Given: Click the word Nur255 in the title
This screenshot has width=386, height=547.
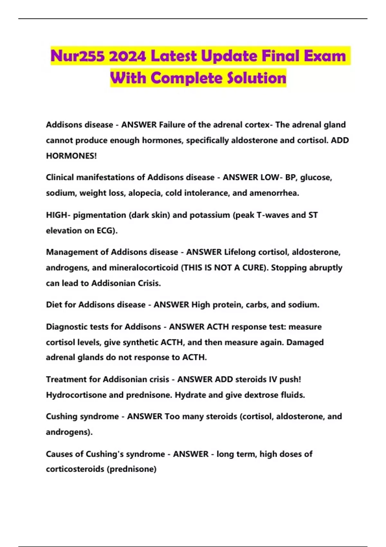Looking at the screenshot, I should tap(78, 56).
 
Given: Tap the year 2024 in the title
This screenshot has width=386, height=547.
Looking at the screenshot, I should tap(127, 56).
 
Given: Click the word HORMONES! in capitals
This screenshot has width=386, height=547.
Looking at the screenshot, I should tap(71, 156).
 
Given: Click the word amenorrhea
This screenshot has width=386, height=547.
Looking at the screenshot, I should tap(274, 193).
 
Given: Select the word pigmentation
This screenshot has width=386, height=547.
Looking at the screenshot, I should tap(99, 215).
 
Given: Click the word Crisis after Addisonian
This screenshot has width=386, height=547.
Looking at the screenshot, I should tap(149, 283).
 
